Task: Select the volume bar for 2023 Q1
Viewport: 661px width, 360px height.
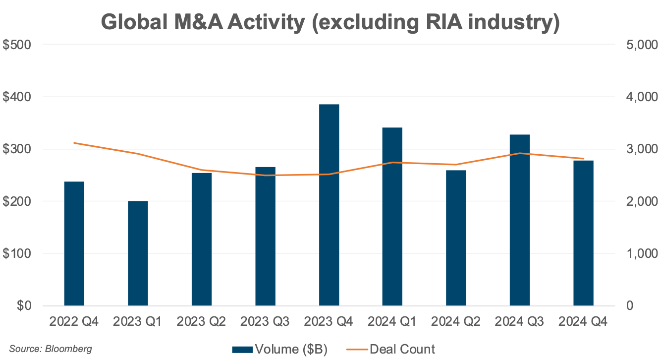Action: [138, 253]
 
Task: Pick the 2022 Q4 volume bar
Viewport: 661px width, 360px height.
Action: [74, 243]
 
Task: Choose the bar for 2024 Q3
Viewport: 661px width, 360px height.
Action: [520, 220]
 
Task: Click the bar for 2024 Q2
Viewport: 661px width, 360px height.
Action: [456, 238]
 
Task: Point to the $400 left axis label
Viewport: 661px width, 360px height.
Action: [17, 97]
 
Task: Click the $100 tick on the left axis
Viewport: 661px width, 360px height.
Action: [17, 254]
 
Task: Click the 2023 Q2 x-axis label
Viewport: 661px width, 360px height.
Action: [201, 322]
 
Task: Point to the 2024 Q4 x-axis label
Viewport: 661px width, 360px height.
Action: [583, 322]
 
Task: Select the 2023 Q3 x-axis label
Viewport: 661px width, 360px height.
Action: [265, 322]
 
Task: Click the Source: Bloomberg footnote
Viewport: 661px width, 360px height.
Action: [51, 349]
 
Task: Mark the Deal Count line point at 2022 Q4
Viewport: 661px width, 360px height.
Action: [74, 143]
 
